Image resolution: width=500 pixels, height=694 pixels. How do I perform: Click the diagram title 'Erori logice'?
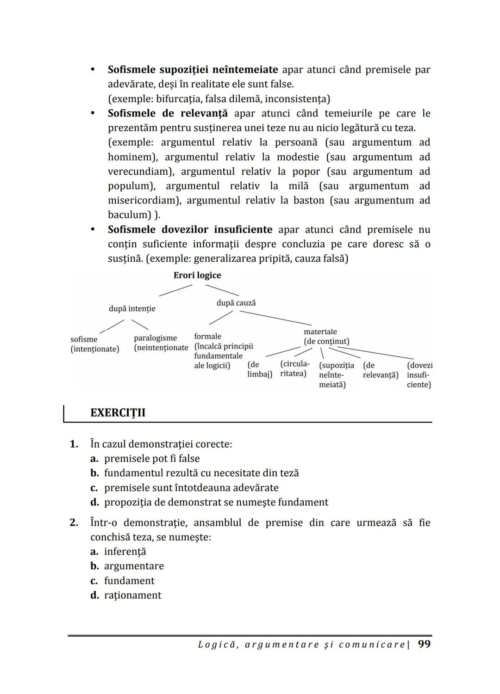197,275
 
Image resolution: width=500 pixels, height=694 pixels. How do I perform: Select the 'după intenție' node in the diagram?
132,308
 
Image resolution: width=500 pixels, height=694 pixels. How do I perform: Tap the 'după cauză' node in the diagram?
236,303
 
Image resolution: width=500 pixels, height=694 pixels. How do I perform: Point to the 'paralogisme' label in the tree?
156,338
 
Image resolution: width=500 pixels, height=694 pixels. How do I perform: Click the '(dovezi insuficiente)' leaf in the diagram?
419,375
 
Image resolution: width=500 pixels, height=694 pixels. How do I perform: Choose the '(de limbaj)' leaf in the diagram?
259,369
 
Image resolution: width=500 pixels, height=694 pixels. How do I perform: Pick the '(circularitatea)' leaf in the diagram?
294,368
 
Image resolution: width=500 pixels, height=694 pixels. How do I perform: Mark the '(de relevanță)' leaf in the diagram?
380,370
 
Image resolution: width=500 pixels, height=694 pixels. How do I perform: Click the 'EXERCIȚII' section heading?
118,413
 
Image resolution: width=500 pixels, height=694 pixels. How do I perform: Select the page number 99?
424,644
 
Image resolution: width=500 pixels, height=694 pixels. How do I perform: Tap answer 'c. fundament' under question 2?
122,581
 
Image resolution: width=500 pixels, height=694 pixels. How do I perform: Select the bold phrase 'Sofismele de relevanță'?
168,113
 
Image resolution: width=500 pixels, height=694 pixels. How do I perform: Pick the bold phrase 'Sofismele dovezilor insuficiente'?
190,230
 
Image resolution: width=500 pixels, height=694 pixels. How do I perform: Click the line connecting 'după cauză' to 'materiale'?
275,318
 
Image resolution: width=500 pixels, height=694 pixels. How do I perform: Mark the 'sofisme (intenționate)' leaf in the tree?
94,344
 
